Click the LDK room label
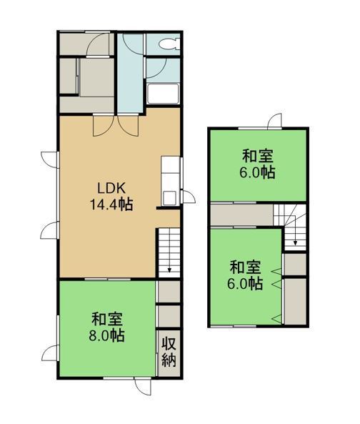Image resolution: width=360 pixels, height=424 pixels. click(111, 188)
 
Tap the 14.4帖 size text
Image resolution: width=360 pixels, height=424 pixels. click(111, 204)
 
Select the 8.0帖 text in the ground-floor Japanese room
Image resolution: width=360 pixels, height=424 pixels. click(107, 335)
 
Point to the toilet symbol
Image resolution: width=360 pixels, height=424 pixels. click(169, 44)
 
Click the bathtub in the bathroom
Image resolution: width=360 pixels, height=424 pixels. click(163, 94)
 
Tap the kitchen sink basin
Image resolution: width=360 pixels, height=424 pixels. click(169, 197)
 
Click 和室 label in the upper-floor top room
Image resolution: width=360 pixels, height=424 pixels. click(258, 156)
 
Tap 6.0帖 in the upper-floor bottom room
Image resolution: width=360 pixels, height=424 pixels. click(245, 284)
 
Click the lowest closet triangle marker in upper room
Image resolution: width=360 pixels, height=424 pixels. click(276, 319)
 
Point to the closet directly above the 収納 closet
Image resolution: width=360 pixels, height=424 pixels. click(169, 316)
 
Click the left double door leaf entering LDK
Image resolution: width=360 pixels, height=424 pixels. click(103, 126)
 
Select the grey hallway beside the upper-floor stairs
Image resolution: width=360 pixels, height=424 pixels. click(241, 215)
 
